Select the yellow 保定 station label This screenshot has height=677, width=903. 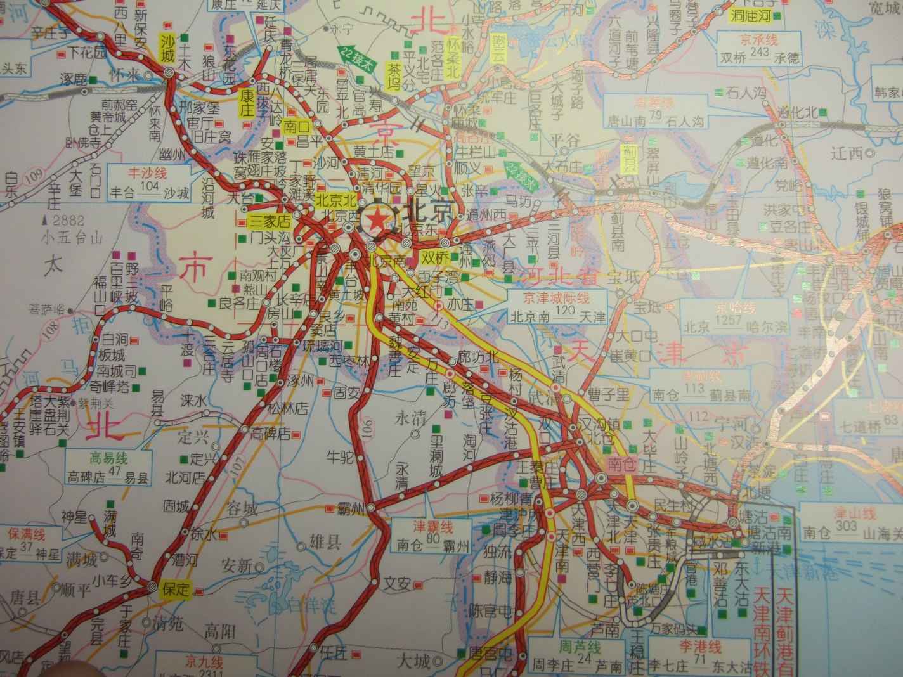pos(176,589)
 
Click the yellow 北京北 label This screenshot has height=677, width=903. pos(334,198)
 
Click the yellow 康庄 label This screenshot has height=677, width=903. pos(245,103)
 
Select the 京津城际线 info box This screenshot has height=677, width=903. pos(557,307)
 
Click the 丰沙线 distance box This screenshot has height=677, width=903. pos(150,183)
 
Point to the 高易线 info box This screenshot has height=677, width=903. pos(108,468)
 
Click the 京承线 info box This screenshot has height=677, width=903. pos(759,49)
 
